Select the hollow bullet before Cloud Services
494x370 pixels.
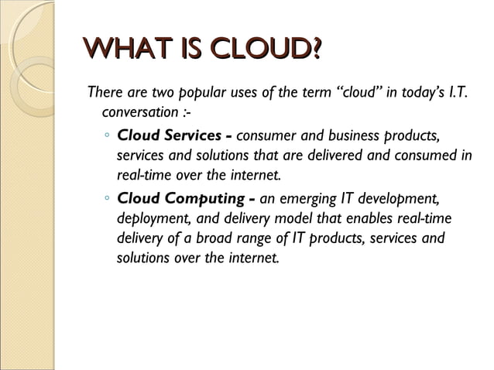pyautogui.click(x=106, y=138)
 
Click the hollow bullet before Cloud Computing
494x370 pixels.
pyautogui.click(x=106, y=199)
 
